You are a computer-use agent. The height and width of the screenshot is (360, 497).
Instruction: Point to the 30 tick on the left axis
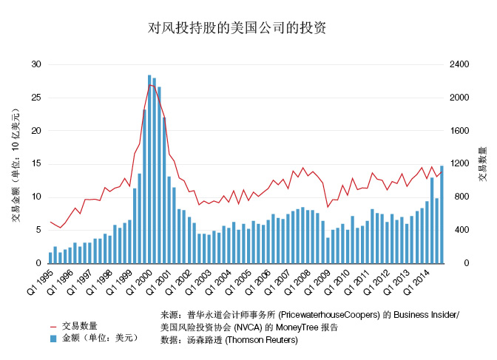click(x=36, y=64)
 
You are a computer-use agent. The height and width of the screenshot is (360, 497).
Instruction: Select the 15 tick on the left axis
click(x=36, y=164)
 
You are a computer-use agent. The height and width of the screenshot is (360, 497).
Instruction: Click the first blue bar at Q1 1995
click(x=50, y=258)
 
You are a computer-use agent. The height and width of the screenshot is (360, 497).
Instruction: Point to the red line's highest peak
click(x=150, y=84)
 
